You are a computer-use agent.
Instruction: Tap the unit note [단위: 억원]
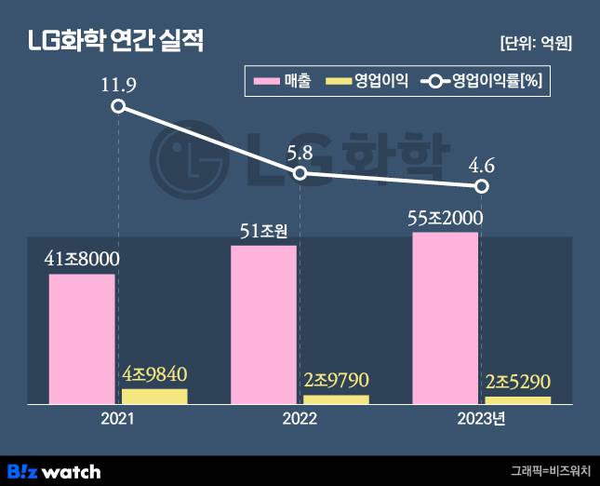tap(535, 43)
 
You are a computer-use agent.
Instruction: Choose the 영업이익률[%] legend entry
tap(482, 81)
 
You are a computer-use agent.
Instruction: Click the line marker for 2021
tap(118, 106)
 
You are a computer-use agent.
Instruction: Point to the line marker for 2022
tap(300, 174)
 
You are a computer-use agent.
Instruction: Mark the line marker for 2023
tap(481, 187)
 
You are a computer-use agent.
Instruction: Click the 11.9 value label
tap(118, 87)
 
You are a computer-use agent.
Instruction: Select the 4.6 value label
tap(481, 167)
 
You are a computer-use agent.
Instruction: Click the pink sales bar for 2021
tap(82, 339)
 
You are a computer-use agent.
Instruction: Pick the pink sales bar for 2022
tap(263, 324)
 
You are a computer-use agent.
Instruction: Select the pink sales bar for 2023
tap(445, 317)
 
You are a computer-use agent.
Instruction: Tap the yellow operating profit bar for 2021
tap(154, 396)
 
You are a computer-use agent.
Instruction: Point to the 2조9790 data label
tap(337, 381)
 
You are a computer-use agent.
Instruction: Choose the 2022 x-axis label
tap(300, 420)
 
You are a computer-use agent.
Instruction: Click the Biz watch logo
tap(54, 470)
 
